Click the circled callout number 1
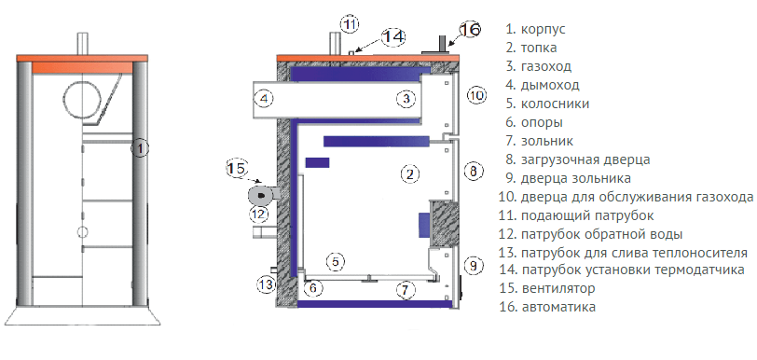tap(140, 148)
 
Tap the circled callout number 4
tap(264, 99)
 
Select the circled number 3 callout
tap(406, 99)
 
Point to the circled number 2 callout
tap(410, 174)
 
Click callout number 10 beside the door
tap(476, 95)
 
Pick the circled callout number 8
tap(474, 171)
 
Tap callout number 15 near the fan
tap(237, 169)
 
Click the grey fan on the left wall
tap(262, 195)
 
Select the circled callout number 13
tap(266, 285)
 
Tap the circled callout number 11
tap(350, 24)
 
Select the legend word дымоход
tap(550, 86)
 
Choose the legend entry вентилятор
tap(558, 288)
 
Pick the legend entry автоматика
tap(558, 307)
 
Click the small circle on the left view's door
tap(83, 231)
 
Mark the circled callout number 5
tap(336, 262)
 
